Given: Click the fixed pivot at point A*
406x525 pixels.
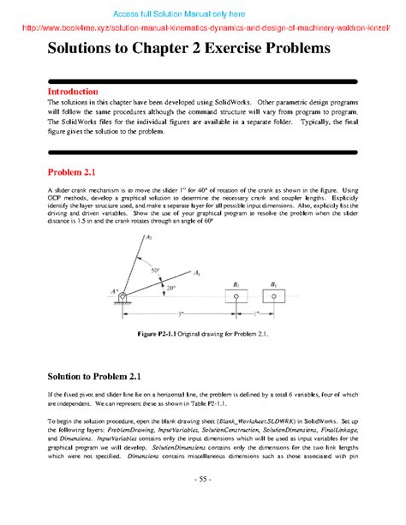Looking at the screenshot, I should pos(124,297).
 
